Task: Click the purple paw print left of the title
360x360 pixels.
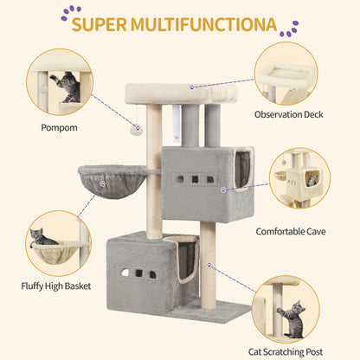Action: (65, 12)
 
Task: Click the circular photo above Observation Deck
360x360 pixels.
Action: (292, 74)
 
